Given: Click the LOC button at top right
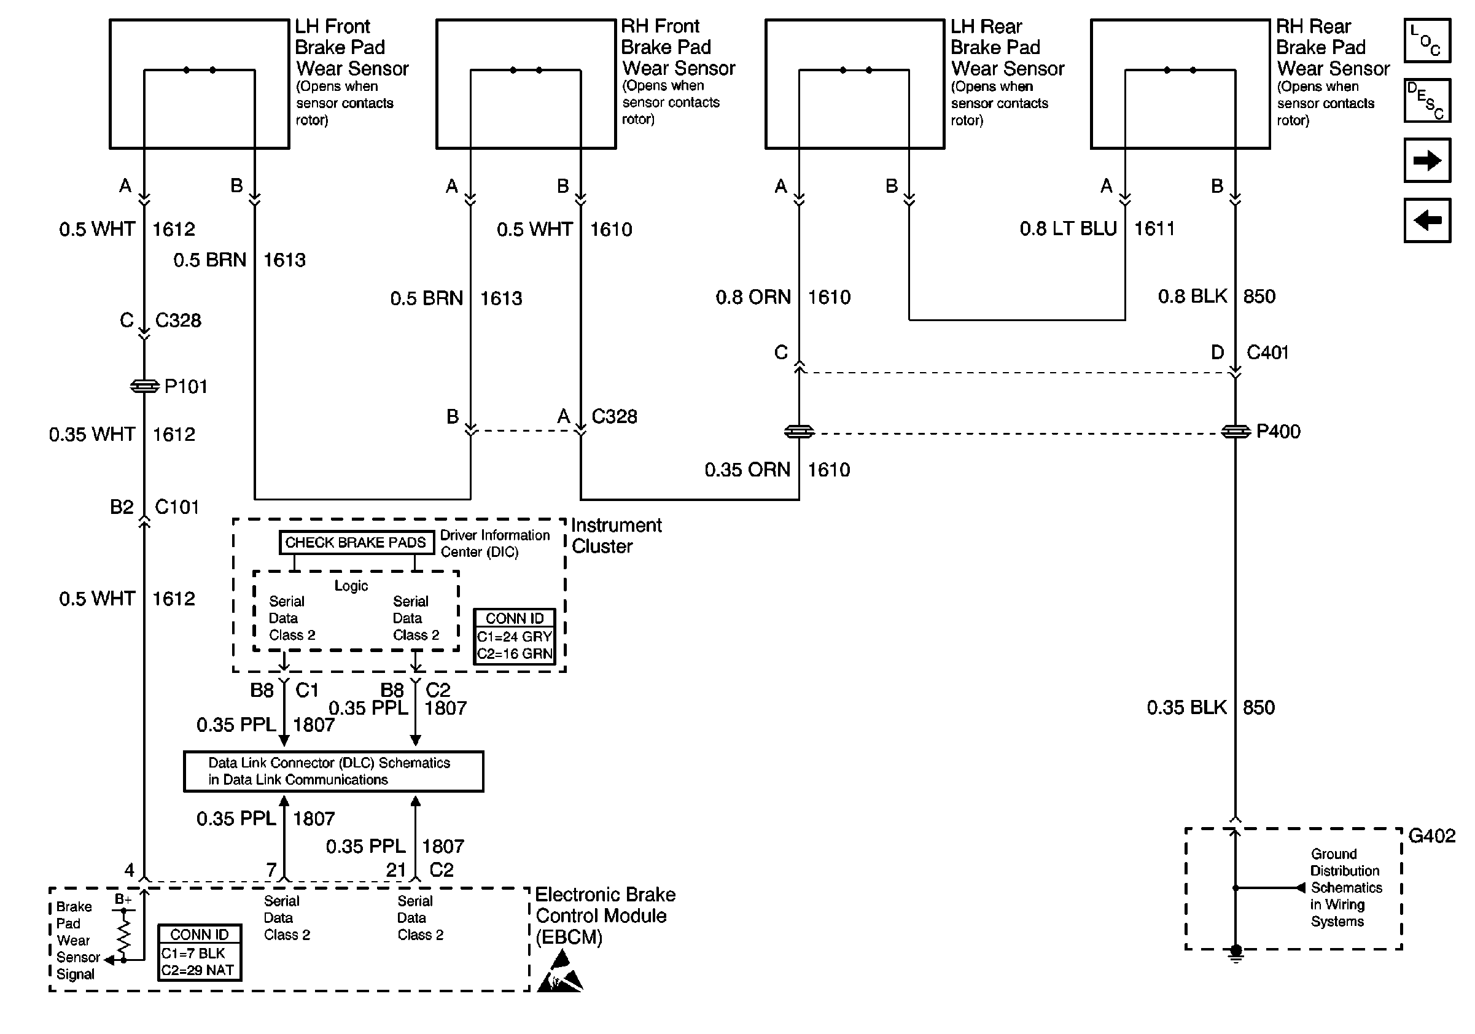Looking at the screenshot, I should (x=1427, y=41).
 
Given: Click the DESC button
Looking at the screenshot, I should (x=1427, y=100).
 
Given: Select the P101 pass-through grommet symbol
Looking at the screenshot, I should (x=144, y=386).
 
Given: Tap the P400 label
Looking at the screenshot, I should (x=1278, y=432).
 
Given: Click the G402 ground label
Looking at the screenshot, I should (x=1431, y=836).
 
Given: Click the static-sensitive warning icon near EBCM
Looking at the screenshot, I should (x=559, y=973).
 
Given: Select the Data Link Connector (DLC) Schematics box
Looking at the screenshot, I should (x=333, y=771).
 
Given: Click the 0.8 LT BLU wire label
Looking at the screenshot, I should (x=1068, y=228).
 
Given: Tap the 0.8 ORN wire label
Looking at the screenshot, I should (x=753, y=297).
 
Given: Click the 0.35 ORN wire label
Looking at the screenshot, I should (x=747, y=470).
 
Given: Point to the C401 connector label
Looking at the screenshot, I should (x=1267, y=352).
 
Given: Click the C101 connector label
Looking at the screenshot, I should (x=177, y=507).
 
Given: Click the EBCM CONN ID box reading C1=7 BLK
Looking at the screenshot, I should (x=200, y=952).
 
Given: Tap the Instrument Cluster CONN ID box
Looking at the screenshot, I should (x=514, y=637).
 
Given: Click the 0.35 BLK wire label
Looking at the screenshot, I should (x=1186, y=708).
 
